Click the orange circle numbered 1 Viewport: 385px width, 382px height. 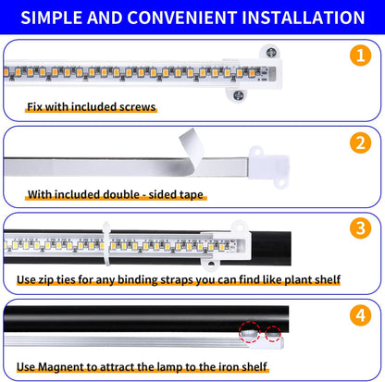click(x=361, y=56)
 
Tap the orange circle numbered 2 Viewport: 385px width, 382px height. click(x=361, y=143)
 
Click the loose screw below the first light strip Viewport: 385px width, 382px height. click(x=239, y=94)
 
